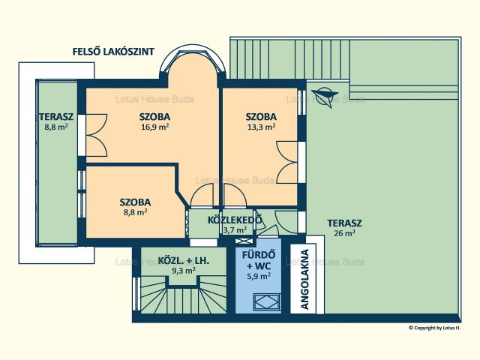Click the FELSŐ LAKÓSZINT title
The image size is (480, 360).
(113, 52)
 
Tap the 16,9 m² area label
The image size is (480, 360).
(155, 127)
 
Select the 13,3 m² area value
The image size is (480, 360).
(261, 127)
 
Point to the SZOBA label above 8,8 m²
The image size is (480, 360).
(135, 202)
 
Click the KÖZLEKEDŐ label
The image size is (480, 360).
(235, 220)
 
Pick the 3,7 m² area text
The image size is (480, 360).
(235, 229)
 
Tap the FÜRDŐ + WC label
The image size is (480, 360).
(259, 260)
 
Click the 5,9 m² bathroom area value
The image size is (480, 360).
(259, 276)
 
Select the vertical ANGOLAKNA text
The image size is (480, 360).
(304, 279)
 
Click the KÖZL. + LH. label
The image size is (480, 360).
(183, 261)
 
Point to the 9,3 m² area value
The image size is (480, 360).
(184, 270)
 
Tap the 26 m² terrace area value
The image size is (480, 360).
(344, 233)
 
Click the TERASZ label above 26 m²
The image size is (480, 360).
(344, 223)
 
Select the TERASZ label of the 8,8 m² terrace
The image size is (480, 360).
(56, 117)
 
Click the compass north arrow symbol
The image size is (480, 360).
(325, 97)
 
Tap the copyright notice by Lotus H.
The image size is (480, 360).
(435, 328)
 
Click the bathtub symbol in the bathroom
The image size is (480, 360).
(267, 301)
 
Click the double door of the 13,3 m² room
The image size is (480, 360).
(287, 162)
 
